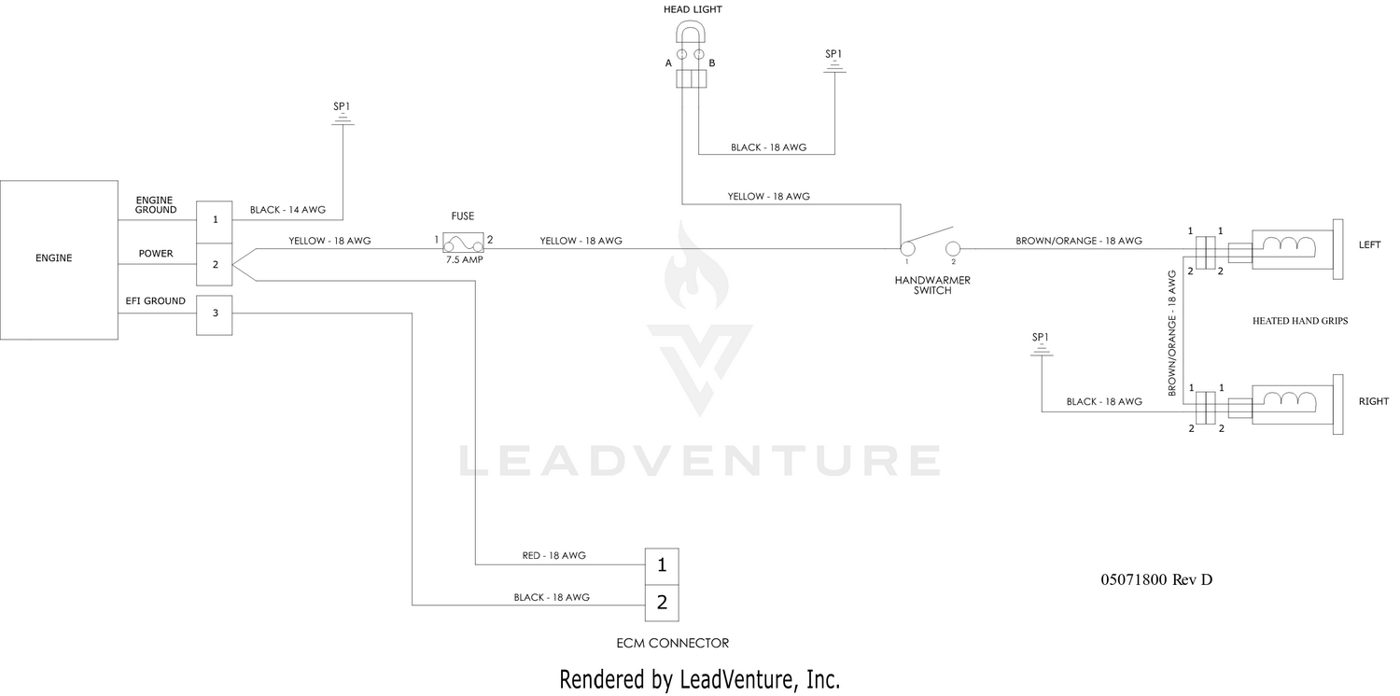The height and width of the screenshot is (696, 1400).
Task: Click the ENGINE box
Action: tap(59, 260)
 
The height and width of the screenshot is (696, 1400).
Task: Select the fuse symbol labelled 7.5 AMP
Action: tap(463, 243)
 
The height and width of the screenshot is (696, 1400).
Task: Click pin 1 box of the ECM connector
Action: tap(662, 566)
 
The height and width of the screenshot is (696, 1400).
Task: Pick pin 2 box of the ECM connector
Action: tap(662, 603)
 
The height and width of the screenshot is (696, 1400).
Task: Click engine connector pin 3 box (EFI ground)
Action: tap(215, 315)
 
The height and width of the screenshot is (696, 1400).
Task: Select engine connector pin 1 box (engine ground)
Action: tap(215, 222)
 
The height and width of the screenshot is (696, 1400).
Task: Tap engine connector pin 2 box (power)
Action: tap(215, 264)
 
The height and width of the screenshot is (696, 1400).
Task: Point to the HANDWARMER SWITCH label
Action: tap(932, 285)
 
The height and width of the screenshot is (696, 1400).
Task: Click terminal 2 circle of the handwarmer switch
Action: tap(953, 249)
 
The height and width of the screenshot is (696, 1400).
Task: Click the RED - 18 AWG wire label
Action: tap(553, 555)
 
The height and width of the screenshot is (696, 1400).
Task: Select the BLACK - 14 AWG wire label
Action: tap(287, 210)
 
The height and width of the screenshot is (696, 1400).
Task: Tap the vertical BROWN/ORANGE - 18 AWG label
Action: tap(1172, 333)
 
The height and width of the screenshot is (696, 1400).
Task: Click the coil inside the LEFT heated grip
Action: tap(1288, 244)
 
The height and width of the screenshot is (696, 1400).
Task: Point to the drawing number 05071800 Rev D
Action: tap(1156, 579)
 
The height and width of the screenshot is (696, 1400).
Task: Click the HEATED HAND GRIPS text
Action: tap(1300, 321)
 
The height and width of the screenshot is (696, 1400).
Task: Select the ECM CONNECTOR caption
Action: tap(673, 643)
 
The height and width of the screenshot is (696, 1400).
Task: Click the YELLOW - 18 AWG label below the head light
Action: tap(768, 196)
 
